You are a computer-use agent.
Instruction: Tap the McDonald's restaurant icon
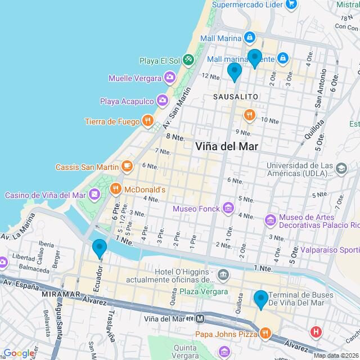[116, 190]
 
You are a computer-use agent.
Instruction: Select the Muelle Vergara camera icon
[169, 77]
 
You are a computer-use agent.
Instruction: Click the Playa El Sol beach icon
[188, 59]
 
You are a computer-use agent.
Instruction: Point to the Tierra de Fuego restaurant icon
[147, 120]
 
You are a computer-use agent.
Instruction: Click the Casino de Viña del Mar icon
[94, 195]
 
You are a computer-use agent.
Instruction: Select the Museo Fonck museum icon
[228, 208]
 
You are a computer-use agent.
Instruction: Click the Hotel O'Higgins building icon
[223, 275]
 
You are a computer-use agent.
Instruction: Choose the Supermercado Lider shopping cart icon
[291, 4]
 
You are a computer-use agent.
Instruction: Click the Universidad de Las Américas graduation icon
[340, 168]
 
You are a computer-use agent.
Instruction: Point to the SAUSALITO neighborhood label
[236, 97]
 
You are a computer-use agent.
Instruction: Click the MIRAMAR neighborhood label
[61, 294]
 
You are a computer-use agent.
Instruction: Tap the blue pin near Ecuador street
[100, 248]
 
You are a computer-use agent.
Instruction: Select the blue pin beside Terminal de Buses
[260, 299]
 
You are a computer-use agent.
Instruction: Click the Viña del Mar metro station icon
[199, 318]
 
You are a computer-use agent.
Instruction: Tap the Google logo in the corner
[19, 353]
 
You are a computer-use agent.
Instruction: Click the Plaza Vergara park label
[204, 291]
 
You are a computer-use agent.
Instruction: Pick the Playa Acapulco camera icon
[162, 101]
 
